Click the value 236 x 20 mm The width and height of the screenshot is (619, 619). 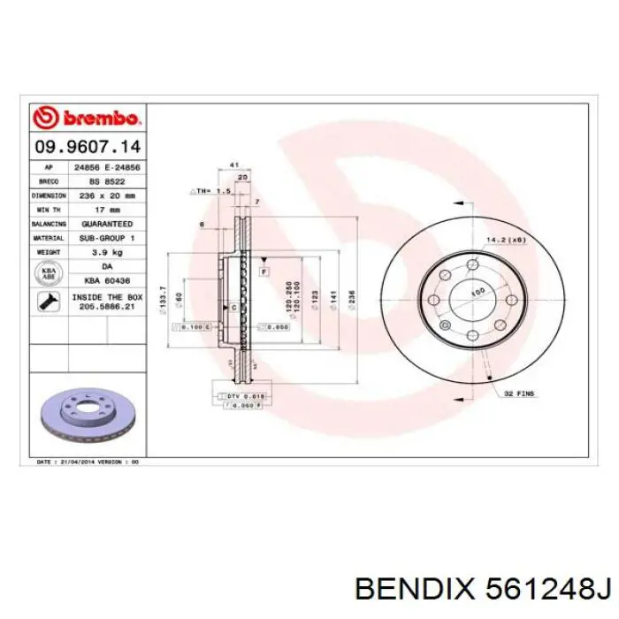[x=107, y=195]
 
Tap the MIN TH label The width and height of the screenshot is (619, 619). [x=50, y=210]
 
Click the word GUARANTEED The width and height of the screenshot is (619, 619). [x=107, y=225]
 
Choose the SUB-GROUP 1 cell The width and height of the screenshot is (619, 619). [x=107, y=239]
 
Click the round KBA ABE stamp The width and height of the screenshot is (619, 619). [x=50, y=274]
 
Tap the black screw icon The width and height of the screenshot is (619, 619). [x=48, y=302]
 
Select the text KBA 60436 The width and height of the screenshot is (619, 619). [x=107, y=280]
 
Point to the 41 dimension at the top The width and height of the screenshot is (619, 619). [x=234, y=164]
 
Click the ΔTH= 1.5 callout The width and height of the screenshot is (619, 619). [x=210, y=190]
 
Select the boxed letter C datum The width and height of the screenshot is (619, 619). [x=233, y=306]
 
